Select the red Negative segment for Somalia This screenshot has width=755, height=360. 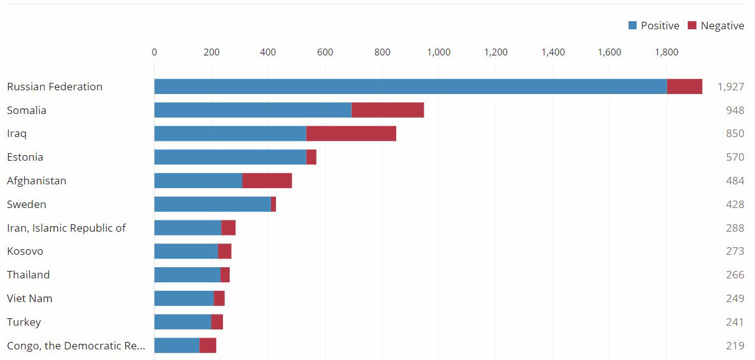[x=387, y=110]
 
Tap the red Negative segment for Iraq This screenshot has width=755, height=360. [x=351, y=134]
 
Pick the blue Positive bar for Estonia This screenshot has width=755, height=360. [x=230, y=157]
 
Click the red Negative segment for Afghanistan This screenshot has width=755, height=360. [x=267, y=181]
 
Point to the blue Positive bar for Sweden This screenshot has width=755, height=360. [x=212, y=204]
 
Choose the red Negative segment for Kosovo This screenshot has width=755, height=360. [x=224, y=252]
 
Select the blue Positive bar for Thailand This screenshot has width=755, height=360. [x=187, y=275]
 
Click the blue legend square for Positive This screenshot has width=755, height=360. [x=633, y=26]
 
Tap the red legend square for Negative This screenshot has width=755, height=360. [x=692, y=26]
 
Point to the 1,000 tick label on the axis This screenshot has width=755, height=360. [x=439, y=52]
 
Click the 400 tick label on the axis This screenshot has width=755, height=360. [x=268, y=52]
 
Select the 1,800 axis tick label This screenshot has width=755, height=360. [x=667, y=52]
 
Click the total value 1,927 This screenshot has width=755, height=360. [x=730, y=87]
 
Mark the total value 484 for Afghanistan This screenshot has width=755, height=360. [x=734, y=181]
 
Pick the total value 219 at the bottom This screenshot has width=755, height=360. [x=734, y=346]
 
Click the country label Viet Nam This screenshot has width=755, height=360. [x=29, y=298]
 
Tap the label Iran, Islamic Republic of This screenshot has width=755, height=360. [x=66, y=228]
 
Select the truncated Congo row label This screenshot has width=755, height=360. [x=75, y=346]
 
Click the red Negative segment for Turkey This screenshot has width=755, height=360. [x=217, y=322]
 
